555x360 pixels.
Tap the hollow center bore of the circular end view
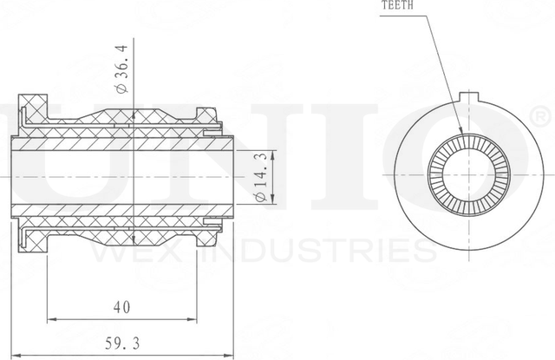pyautogui.click(x=471, y=174)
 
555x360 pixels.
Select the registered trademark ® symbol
pyautogui.click(x=539, y=116)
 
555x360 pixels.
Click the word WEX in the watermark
pyautogui.click(x=139, y=250)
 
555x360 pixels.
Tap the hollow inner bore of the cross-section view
pyautogui.click(x=121, y=174)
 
